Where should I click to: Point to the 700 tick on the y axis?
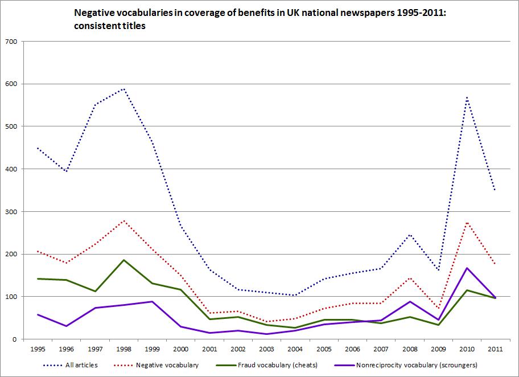pos(11,42)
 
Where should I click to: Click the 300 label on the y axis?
pos(11,211)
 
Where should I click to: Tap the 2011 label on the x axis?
pos(495,349)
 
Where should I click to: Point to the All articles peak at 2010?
pos(467,97)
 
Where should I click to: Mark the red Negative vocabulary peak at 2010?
pos(467,222)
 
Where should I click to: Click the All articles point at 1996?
pos(66,171)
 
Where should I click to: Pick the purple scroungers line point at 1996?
pos(66,326)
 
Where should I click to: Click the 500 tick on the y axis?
pos(11,126)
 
